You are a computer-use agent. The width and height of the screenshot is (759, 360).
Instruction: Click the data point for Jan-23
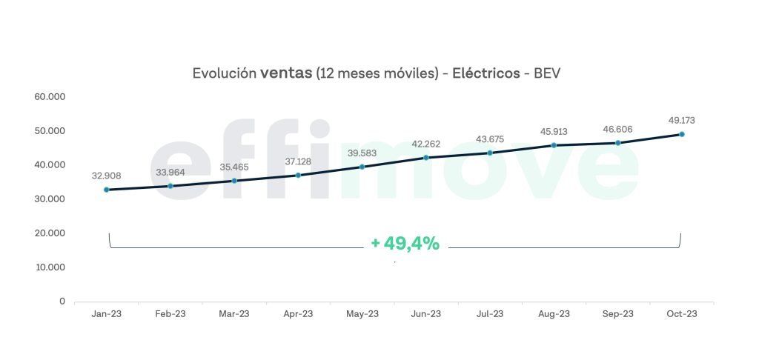pos(107,190)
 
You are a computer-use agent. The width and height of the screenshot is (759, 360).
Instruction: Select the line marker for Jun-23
pos(426,157)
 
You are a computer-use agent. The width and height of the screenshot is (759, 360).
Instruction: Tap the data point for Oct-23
pos(681,134)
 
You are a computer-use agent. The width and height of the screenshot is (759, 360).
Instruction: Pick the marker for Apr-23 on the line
pos(298,176)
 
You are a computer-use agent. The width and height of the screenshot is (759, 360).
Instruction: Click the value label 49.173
pos(680,120)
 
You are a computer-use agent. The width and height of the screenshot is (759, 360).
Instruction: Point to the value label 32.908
pos(107,176)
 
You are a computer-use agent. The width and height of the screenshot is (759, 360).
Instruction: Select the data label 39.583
pos(362,153)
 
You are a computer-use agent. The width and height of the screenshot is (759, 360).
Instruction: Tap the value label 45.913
pos(554,132)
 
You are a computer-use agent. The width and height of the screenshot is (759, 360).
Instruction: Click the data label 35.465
pos(234,167)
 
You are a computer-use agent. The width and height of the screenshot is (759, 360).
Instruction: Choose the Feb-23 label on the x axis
pos(170,314)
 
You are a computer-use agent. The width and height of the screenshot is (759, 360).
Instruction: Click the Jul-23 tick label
pos(489,314)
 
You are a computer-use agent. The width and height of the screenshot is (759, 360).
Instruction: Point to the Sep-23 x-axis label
pos(617,314)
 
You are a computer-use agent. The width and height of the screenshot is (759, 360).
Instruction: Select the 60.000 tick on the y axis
pos(50,97)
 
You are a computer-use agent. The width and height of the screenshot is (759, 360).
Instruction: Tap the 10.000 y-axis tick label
pos(50,267)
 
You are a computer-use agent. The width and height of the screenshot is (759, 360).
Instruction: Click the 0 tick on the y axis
pos(62,301)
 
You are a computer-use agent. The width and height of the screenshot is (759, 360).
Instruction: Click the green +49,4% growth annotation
pos(405,243)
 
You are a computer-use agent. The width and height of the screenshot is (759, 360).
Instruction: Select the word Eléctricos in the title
pos(486,73)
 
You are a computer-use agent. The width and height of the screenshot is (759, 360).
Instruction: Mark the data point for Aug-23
pos(554,145)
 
